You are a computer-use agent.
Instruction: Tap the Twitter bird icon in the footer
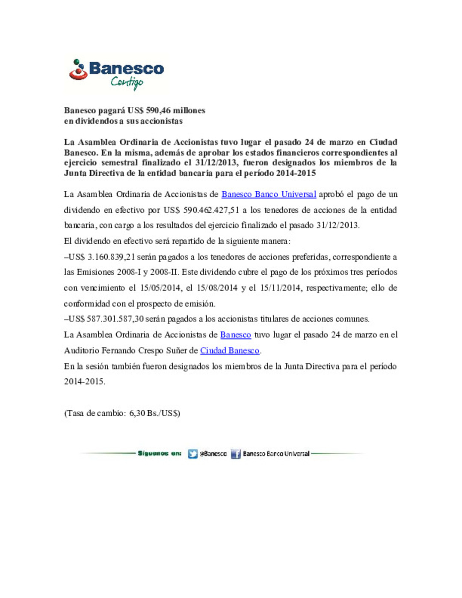(x=193, y=454)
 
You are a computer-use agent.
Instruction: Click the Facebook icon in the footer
(x=236, y=454)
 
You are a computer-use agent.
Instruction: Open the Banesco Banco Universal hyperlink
(x=269, y=195)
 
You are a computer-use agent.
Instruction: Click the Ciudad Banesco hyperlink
(x=230, y=351)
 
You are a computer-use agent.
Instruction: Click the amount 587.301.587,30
(x=115, y=319)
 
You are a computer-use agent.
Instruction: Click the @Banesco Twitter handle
(x=213, y=454)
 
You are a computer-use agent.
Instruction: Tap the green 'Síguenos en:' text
(x=160, y=453)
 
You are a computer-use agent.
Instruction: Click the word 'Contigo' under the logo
(x=127, y=82)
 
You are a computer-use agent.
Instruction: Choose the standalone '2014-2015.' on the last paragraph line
(x=85, y=382)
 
